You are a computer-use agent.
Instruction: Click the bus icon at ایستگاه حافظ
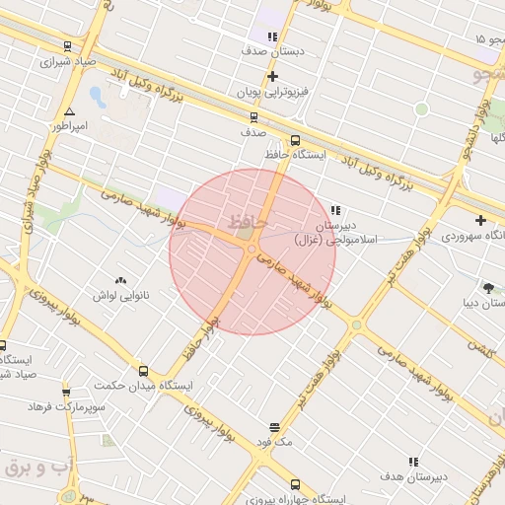(295, 139)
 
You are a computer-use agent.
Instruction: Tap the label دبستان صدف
(273, 49)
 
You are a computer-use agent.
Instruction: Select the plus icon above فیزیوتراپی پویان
(273, 76)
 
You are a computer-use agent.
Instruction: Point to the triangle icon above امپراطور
(69, 111)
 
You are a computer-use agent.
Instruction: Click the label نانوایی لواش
(120, 295)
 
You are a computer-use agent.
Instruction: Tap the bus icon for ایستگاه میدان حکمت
(144, 372)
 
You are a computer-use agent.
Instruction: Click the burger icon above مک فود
(274, 428)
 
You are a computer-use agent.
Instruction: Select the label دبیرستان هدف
(413, 476)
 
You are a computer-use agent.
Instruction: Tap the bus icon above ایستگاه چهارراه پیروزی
(295, 484)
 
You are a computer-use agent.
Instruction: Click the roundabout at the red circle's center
(252, 250)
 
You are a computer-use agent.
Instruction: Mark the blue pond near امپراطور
(97, 97)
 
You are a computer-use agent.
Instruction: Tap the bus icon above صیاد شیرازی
(66, 46)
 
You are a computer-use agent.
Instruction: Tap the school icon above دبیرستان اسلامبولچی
(335, 210)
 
